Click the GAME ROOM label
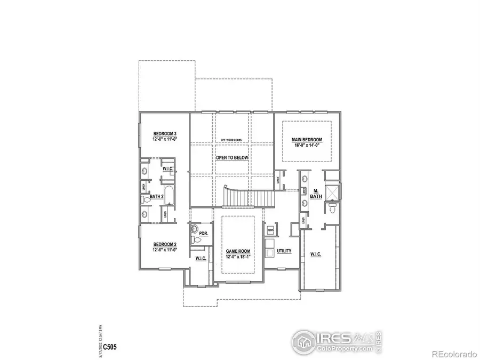237,251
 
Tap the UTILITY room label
284,250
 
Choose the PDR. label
203,234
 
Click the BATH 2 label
156,197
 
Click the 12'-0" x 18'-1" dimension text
237,257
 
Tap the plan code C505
110,347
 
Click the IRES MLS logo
337,340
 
